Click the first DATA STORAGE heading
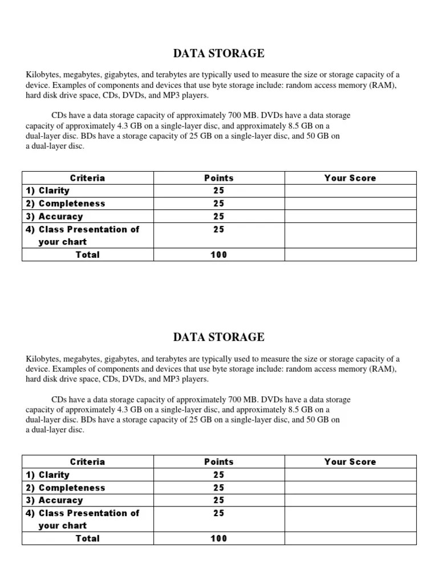point(218,54)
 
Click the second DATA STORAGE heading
point(218,337)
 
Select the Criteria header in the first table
point(87,178)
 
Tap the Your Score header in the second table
point(350,462)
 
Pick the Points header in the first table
point(219,178)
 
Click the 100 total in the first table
point(219,255)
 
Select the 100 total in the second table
point(219,538)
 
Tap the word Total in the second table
point(87,538)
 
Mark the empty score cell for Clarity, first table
point(350,190)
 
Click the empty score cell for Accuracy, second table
point(350,500)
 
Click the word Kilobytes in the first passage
point(43,75)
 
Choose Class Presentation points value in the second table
point(219,513)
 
